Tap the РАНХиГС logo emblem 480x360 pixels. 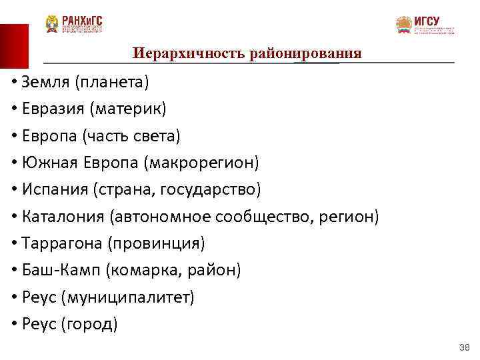(x=53, y=25)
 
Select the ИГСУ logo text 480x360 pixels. (x=427, y=21)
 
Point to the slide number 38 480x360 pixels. (x=465, y=347)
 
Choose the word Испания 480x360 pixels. (x=56, y=190)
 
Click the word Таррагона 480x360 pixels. (x=61, y=243)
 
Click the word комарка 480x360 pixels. (x=141, y=270)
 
